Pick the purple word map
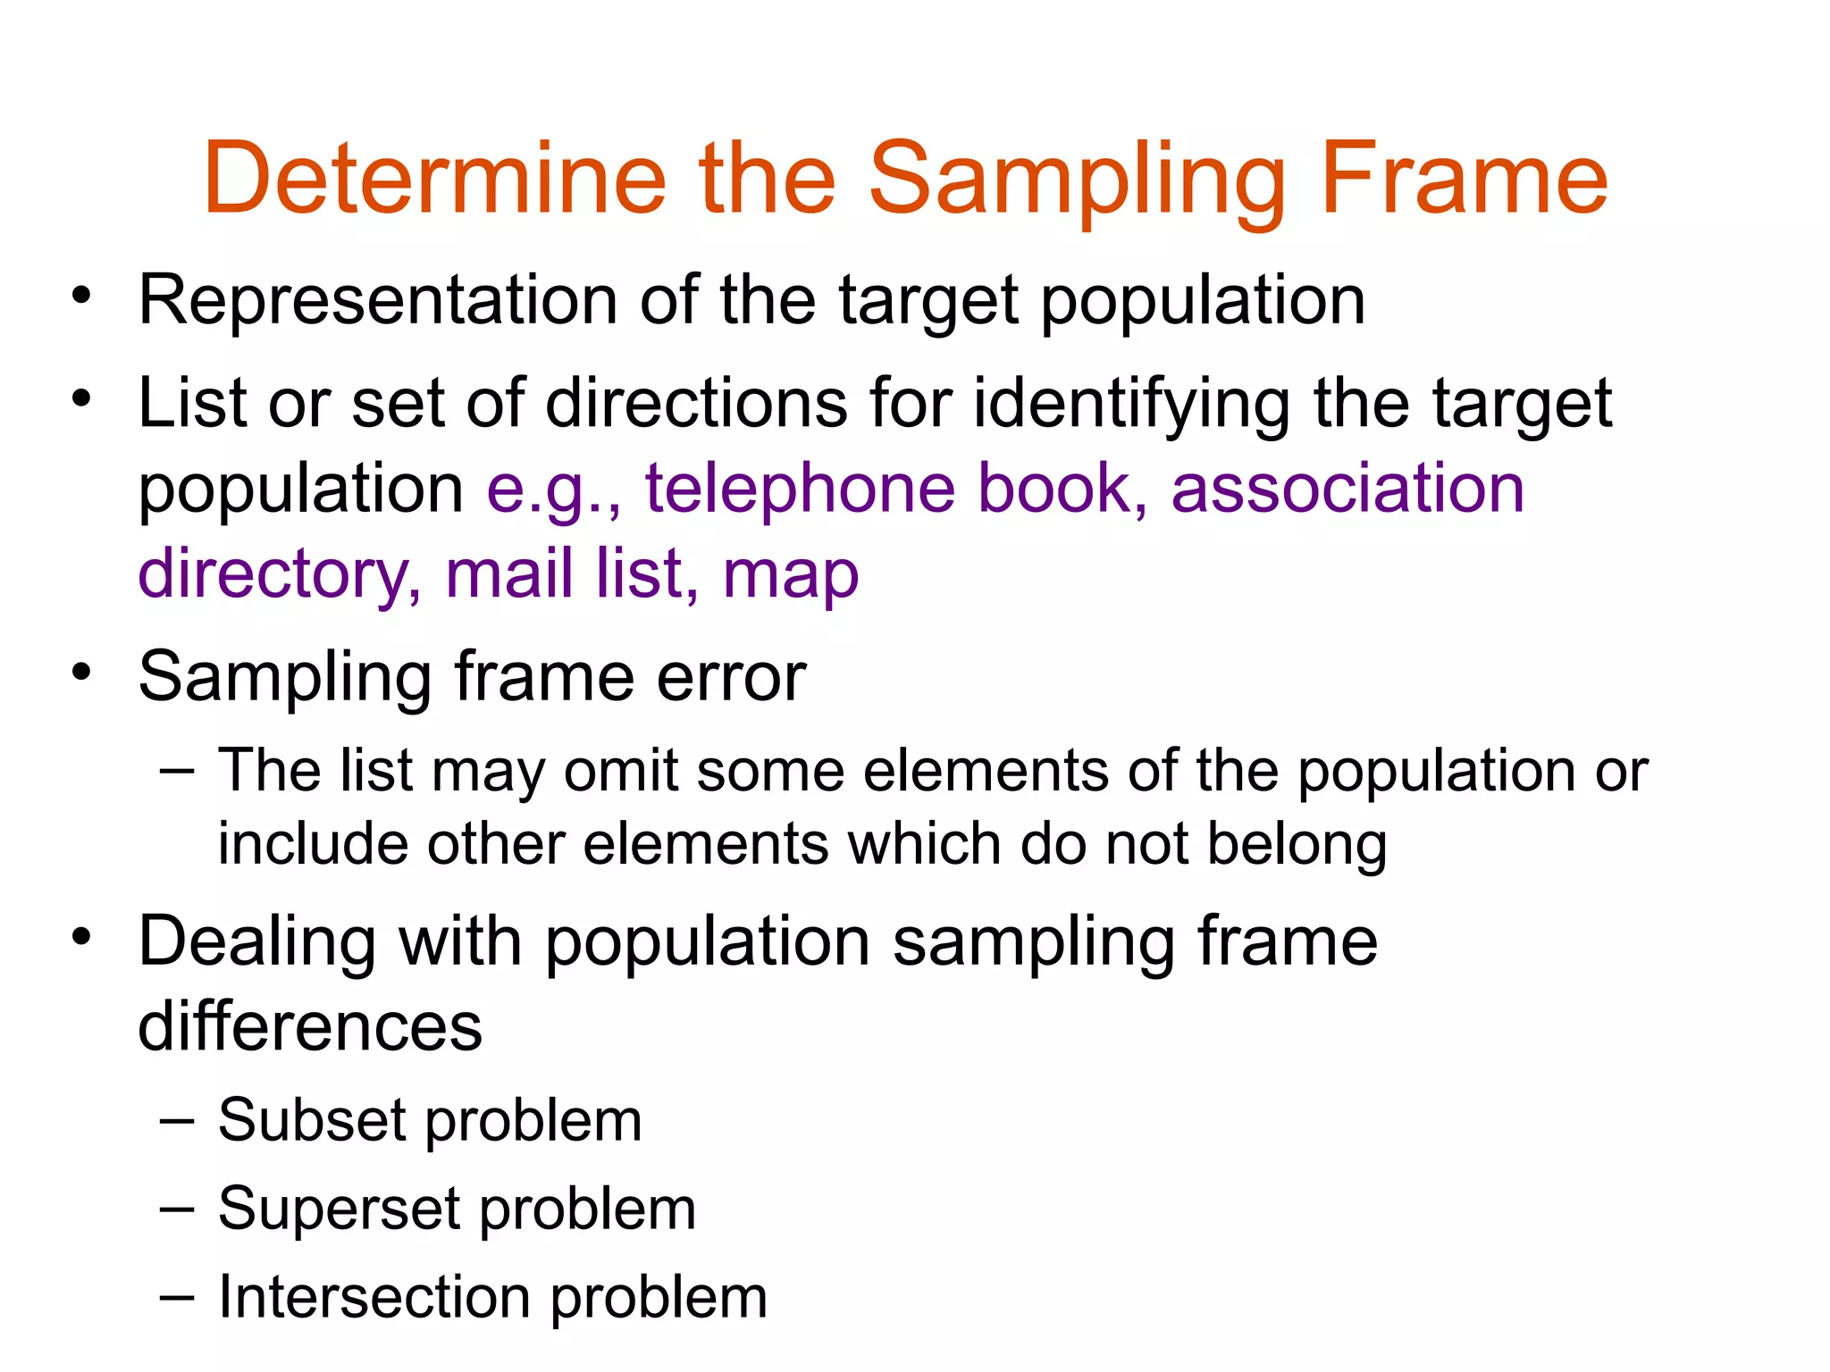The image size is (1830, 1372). coord(791,576)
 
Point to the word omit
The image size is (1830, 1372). coord(621,771)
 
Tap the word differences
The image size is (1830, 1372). coord(310,1026)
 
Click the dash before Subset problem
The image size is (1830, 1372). coord(177,1120)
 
